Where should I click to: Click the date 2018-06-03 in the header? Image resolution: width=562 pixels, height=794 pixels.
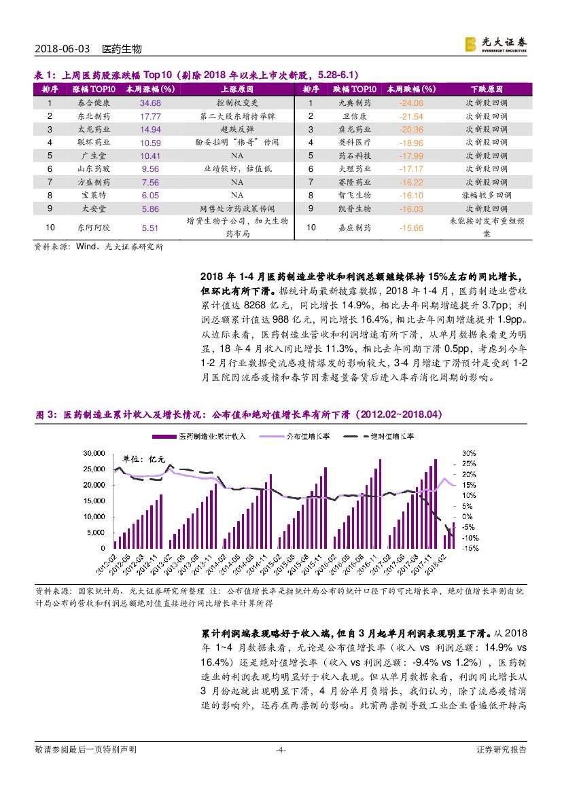(x=61, y=49)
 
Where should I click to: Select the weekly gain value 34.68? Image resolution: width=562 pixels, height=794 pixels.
(x=150, y=103)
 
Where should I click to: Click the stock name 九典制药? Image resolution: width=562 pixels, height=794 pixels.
(x=355, y=103)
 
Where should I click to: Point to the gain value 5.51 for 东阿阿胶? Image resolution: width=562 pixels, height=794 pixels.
(x=150, y=228)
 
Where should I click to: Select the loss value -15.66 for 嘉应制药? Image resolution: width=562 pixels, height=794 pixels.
(x=412, y=228)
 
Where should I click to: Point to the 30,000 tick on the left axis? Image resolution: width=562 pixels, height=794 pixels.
(x=94, y=453)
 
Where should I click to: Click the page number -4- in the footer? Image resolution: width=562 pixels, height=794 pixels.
(x=280, y=750)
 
